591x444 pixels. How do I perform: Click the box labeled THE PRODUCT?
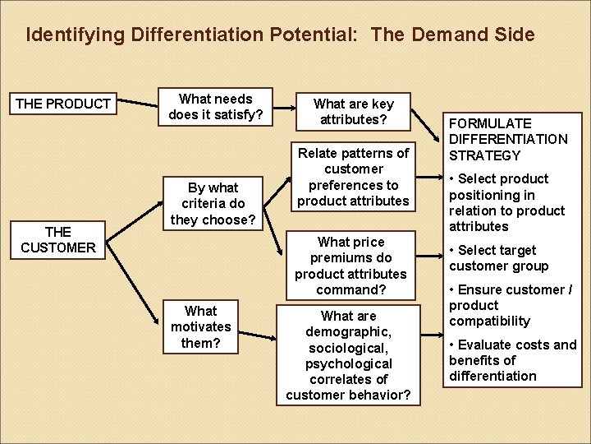tap(63, 104)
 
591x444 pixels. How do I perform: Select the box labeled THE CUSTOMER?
tap(58, 239)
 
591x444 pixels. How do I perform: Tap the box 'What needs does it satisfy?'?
tap(216, 107)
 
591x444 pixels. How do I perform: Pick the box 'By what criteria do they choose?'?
tap(213, 203)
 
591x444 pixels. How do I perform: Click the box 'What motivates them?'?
tap(200, 326)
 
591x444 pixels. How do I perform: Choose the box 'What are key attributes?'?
tap(353, 111)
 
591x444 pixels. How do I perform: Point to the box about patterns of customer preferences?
tap(353, 177)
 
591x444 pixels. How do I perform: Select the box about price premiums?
tap(350, 266)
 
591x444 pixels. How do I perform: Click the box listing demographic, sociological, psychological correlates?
tap(348, 355)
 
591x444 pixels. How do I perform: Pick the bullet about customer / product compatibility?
tap(509, 305)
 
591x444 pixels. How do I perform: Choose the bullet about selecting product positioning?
tap(506, 202)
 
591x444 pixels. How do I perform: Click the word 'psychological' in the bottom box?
tap(348, 363)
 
